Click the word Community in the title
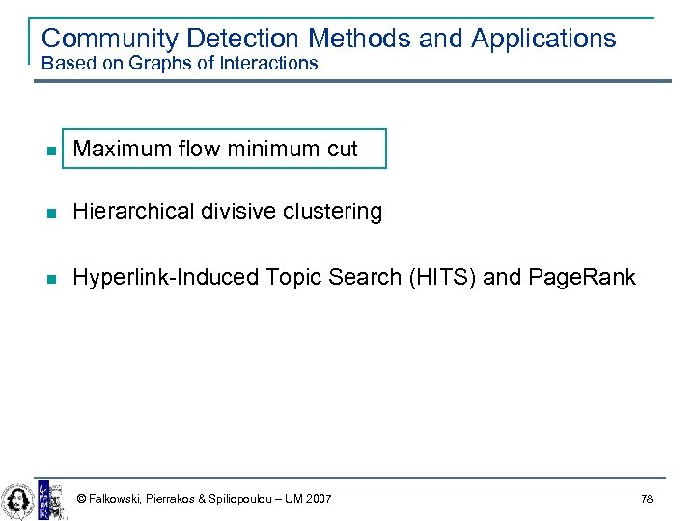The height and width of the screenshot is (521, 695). click(110, 39)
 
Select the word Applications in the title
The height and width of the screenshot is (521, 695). click(543, 39)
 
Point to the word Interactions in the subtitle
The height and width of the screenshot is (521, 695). click(269, 64)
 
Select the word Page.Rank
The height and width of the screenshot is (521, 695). click(582, 278)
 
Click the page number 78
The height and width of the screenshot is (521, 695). click(646, 499)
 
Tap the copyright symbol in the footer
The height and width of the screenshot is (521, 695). click(81, 499)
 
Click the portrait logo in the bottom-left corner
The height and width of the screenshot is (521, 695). click(16, 500)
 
